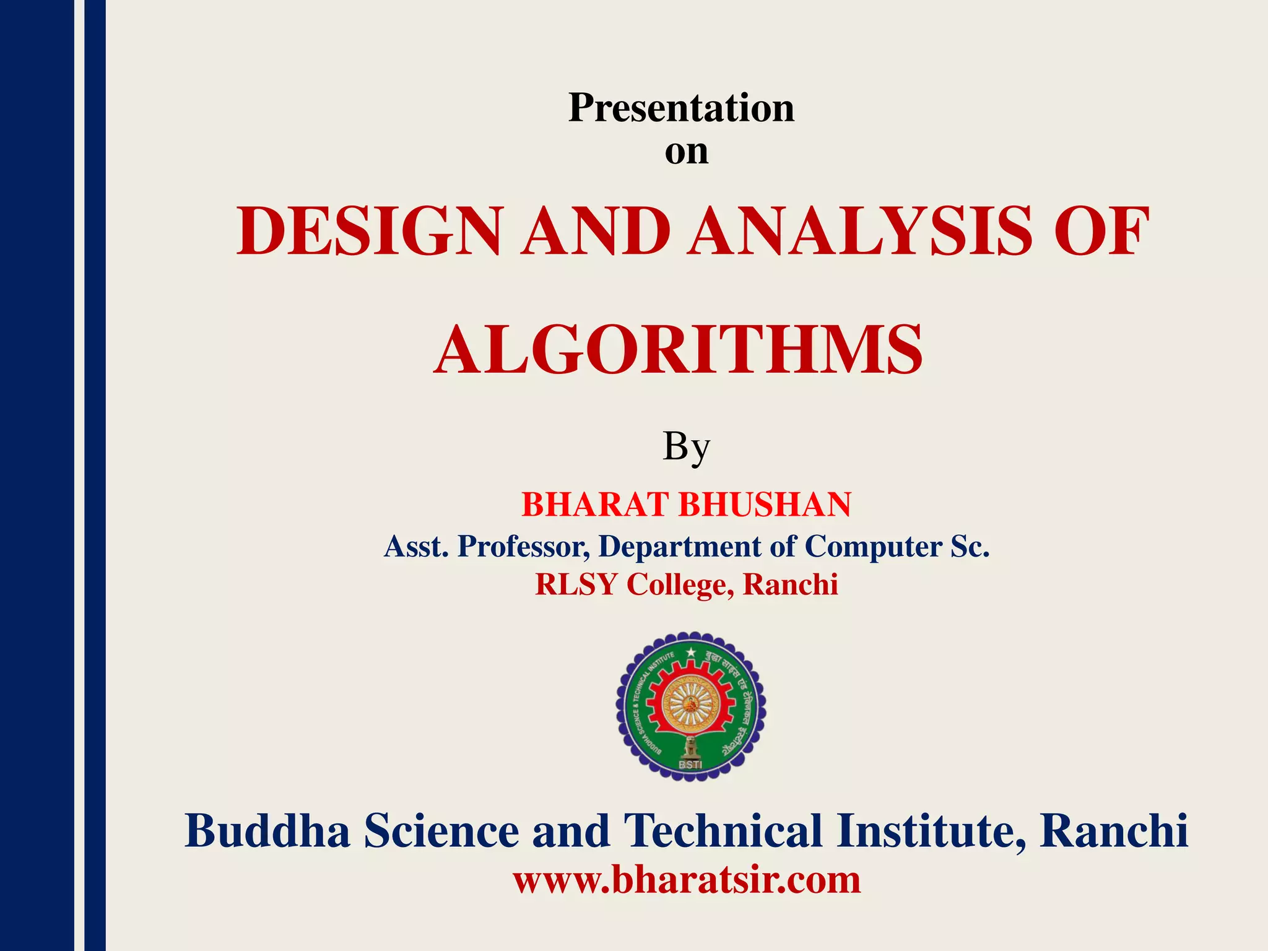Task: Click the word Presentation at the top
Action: click(x=681, y=108)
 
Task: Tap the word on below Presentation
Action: click(x=686, y=152)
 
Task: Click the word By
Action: click(x=685, y=447)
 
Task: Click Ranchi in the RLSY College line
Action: click(x=790, y=584)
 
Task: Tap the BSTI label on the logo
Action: click(x=690, y=765)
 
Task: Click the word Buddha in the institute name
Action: click(x=267, y=831)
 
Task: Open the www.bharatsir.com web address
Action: click(x=687, y=880)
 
